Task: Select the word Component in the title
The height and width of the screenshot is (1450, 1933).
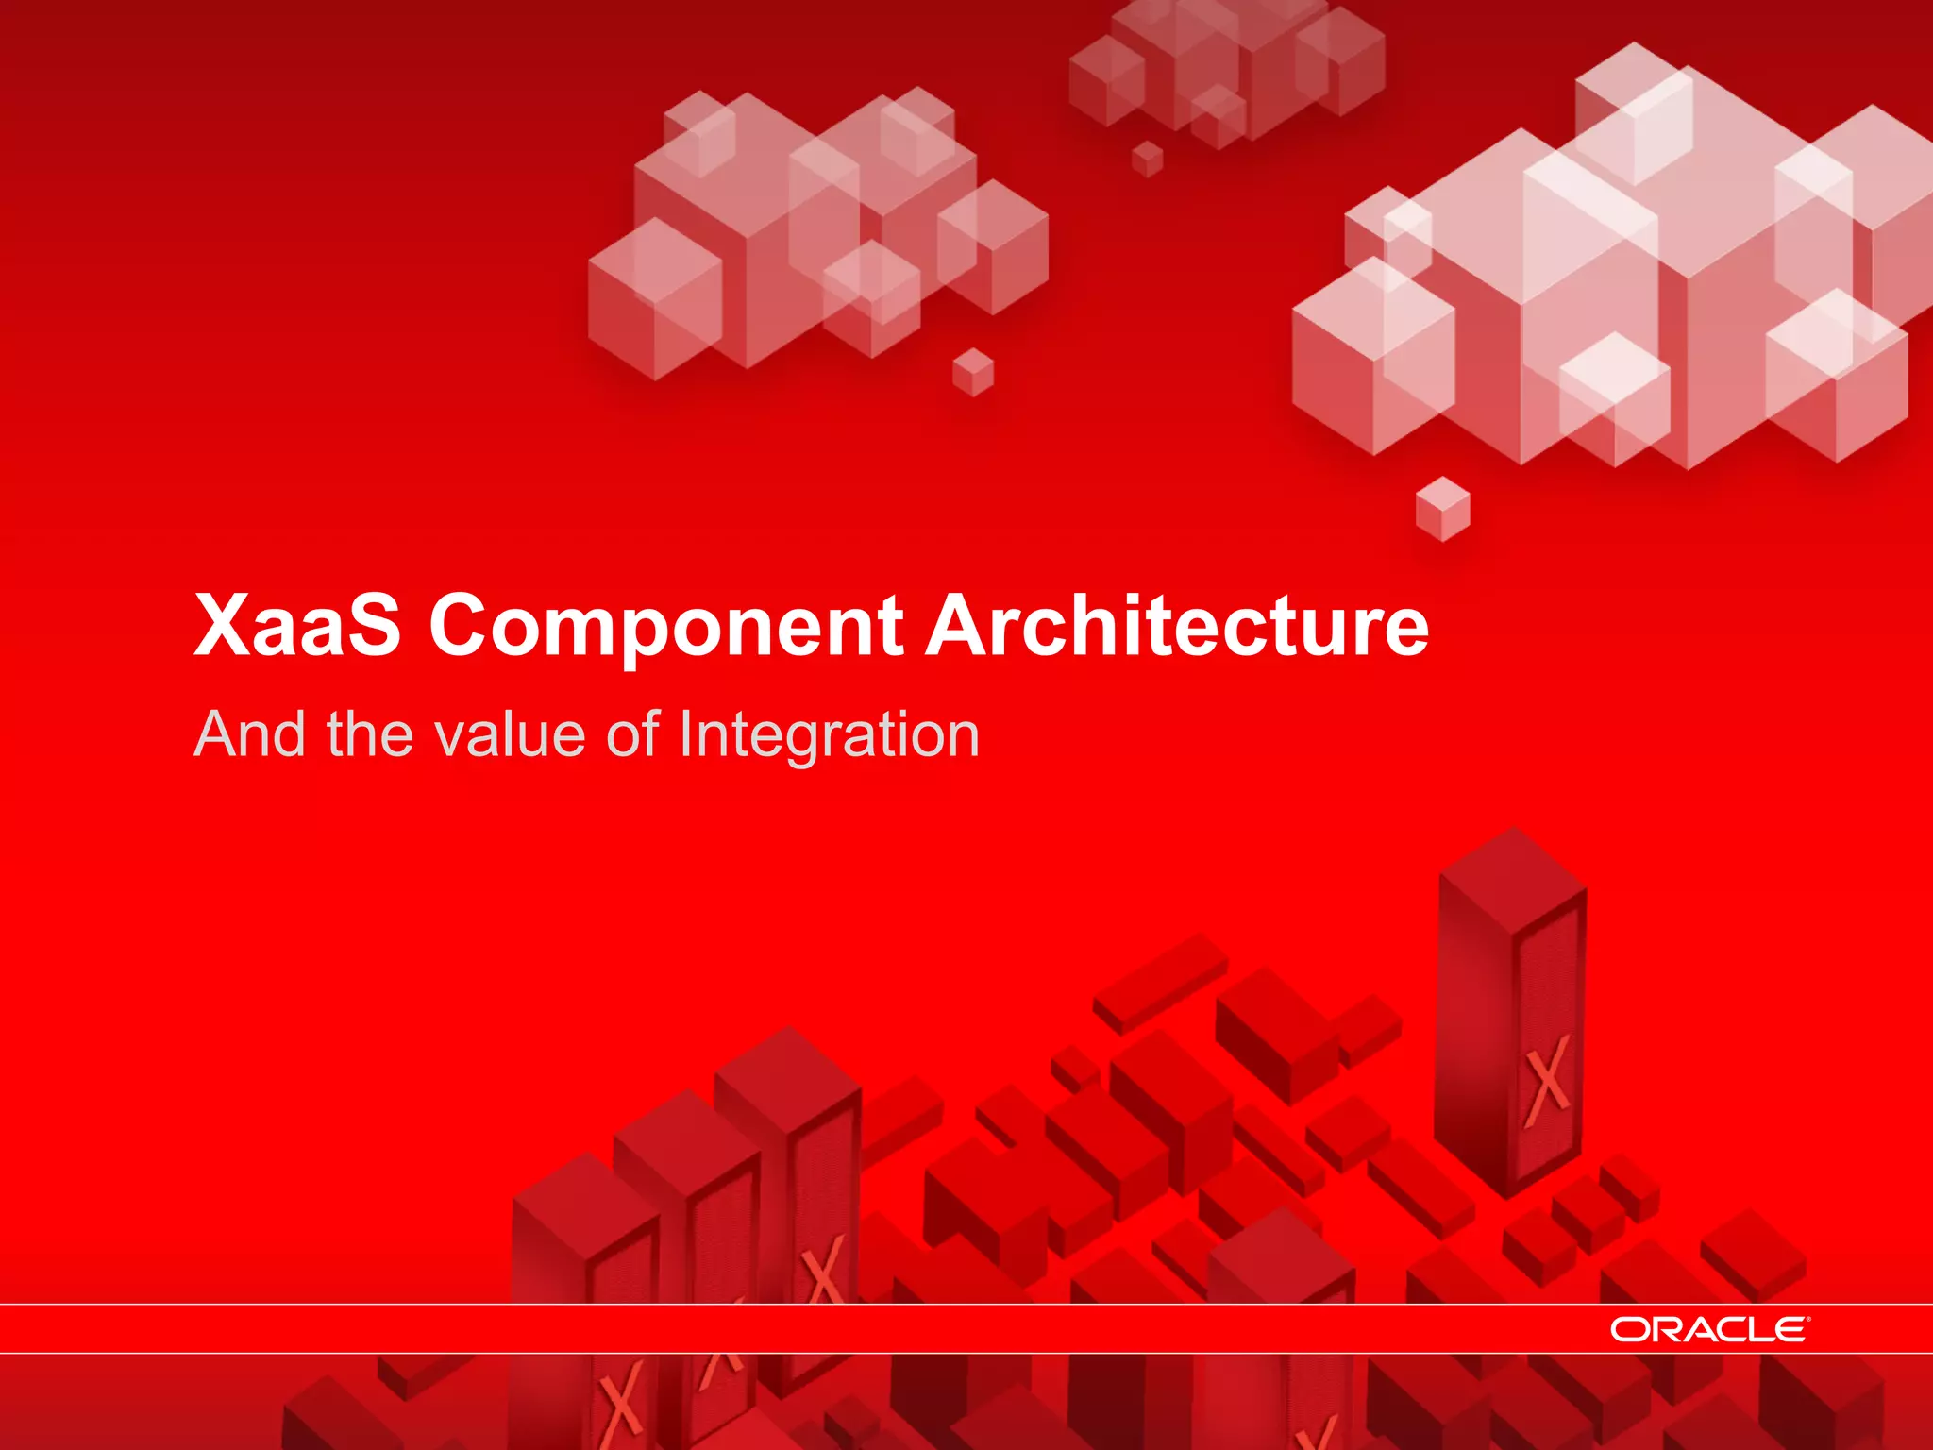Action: pos(666,627)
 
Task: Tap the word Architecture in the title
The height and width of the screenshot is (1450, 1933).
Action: pos(1176,625)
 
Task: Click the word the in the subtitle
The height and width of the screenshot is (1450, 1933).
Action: pos(370,734)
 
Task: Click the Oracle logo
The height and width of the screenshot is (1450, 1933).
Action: pos(1708,1329)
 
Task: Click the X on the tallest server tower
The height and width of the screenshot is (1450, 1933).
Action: pos(1548,1081)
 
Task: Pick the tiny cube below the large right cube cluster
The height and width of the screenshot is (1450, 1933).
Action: pos(1443,509)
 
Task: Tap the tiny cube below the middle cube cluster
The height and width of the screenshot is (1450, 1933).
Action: pos(973,372)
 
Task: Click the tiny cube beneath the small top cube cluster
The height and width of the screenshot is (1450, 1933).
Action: pos(1148,159)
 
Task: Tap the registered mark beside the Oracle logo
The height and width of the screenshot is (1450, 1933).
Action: pos(1807,1319)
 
